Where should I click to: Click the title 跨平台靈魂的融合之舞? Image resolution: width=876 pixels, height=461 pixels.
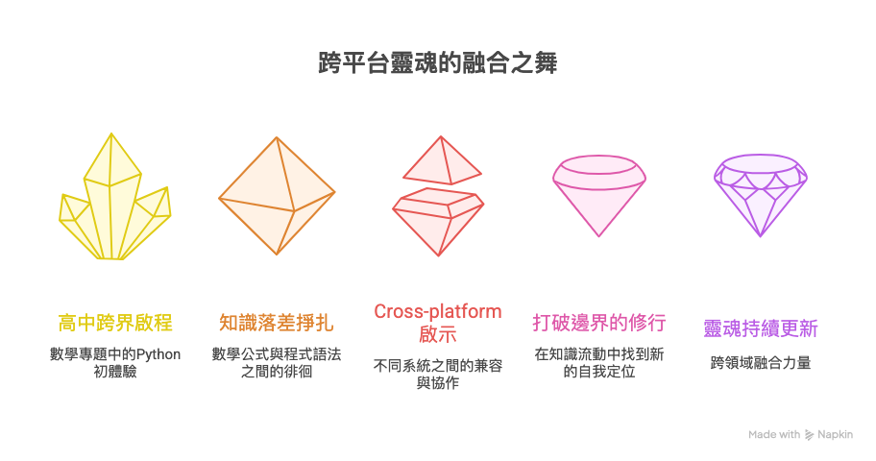[x=437, y=64]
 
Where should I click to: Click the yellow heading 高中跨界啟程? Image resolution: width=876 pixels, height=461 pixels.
[x=115, y=323]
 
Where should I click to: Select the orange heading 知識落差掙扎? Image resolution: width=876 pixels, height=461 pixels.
[x=277, y=323]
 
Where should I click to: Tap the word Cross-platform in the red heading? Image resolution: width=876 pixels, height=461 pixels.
[x=438, y=311]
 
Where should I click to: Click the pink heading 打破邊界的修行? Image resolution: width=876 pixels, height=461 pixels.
[x=599, y=323]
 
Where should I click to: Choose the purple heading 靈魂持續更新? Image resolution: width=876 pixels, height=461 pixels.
[x=761, y=328]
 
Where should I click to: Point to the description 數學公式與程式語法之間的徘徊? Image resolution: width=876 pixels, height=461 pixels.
[x=277, y=362]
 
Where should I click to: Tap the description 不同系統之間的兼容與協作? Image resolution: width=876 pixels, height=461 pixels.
[x=438, y=374]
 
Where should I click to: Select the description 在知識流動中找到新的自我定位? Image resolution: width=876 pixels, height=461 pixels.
[x=599, y=362]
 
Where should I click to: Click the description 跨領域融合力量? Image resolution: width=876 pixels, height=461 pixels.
[x=761, y=363]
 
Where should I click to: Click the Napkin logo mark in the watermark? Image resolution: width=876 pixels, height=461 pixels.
[x=810, y=435]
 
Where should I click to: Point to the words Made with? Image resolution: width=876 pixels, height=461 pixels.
[x=774, y=435]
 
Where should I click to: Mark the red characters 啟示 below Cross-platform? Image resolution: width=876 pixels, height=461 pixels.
[x=438, y=334]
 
